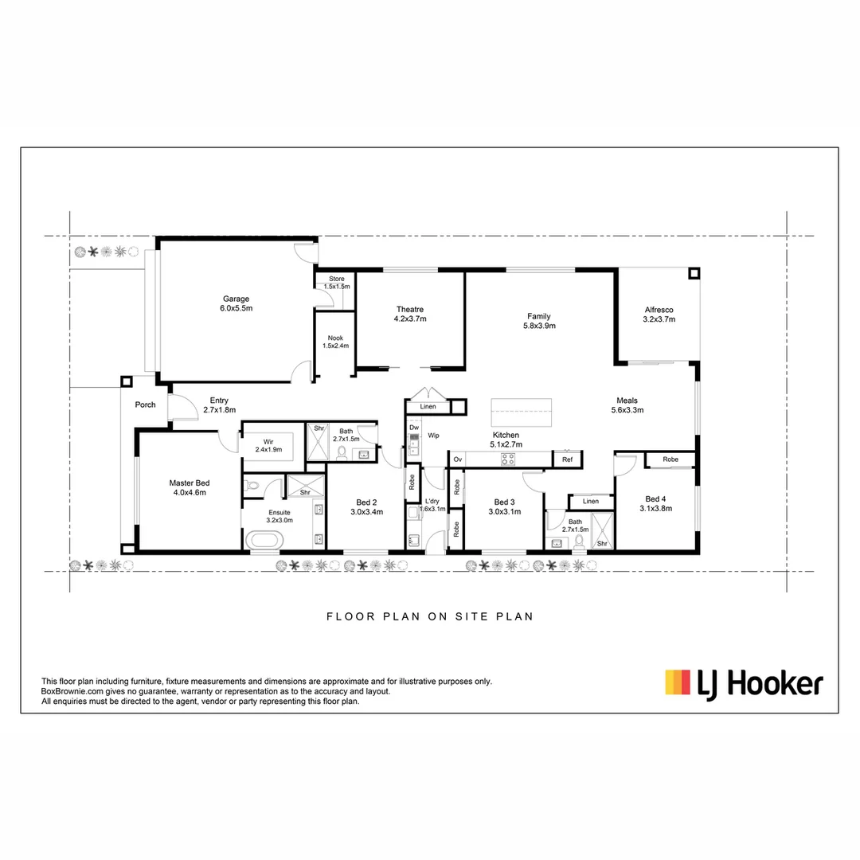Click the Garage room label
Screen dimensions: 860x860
point(236,303)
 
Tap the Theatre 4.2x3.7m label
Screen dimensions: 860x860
point(410,314)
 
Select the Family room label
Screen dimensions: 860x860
point(538,320)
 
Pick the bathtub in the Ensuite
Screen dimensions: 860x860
point(262,540)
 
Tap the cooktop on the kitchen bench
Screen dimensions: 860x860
point(506,459)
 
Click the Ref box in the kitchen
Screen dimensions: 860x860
point(567,459)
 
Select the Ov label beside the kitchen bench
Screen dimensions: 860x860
point(458,459)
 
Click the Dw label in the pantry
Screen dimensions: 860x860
point(413,428)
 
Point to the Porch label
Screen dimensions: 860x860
point(145,405)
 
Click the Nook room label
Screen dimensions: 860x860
point(335,342)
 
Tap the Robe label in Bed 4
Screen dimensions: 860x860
point(670,459)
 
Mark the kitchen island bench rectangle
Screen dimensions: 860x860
point(522,412)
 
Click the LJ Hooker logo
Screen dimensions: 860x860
point(744,683)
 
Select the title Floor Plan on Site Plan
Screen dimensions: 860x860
point(429,616)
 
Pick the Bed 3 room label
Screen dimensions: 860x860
point(505,506)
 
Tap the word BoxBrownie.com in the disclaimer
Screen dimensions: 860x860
point(74,691)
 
